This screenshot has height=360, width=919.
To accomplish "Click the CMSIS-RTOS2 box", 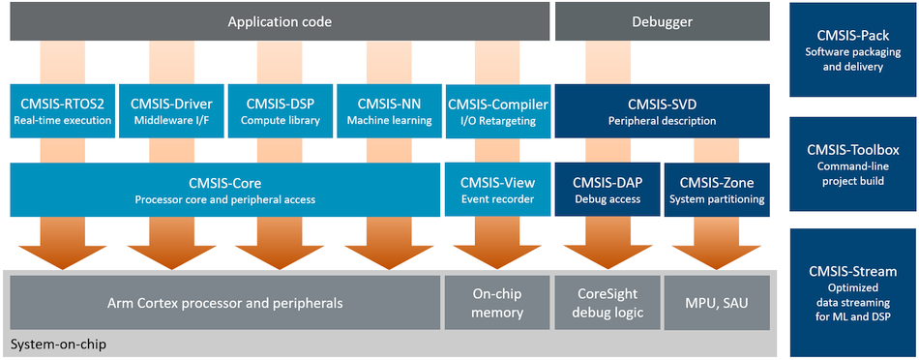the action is [62, 111].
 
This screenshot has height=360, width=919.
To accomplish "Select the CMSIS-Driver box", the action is [170, 111].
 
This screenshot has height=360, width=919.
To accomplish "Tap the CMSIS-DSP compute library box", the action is [281, 111].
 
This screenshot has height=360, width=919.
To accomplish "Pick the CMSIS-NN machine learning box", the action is [389, 111].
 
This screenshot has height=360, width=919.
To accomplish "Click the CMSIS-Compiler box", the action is [497, 111].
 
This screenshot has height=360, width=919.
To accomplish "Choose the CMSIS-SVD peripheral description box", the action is [663, 111].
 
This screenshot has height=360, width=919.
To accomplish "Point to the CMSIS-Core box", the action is [225, 190].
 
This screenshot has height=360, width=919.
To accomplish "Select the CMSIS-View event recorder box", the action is [497, 190].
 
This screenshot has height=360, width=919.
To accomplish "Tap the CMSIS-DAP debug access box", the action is [608, 190].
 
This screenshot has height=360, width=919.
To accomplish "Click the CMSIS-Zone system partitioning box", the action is [717, 190].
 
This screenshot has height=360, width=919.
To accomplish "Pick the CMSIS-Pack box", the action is [853, 49].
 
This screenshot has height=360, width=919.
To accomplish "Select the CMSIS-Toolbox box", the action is [853, 164].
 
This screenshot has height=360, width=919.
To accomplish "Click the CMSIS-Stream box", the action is [853, 293].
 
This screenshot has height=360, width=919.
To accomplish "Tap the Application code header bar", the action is [281, 21].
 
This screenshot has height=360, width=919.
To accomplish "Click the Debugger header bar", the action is [663, 21].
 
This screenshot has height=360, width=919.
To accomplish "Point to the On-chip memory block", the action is [497, 303].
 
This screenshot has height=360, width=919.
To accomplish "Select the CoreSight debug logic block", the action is [608, 303].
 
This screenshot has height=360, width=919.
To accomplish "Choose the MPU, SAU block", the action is [717, 303].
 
